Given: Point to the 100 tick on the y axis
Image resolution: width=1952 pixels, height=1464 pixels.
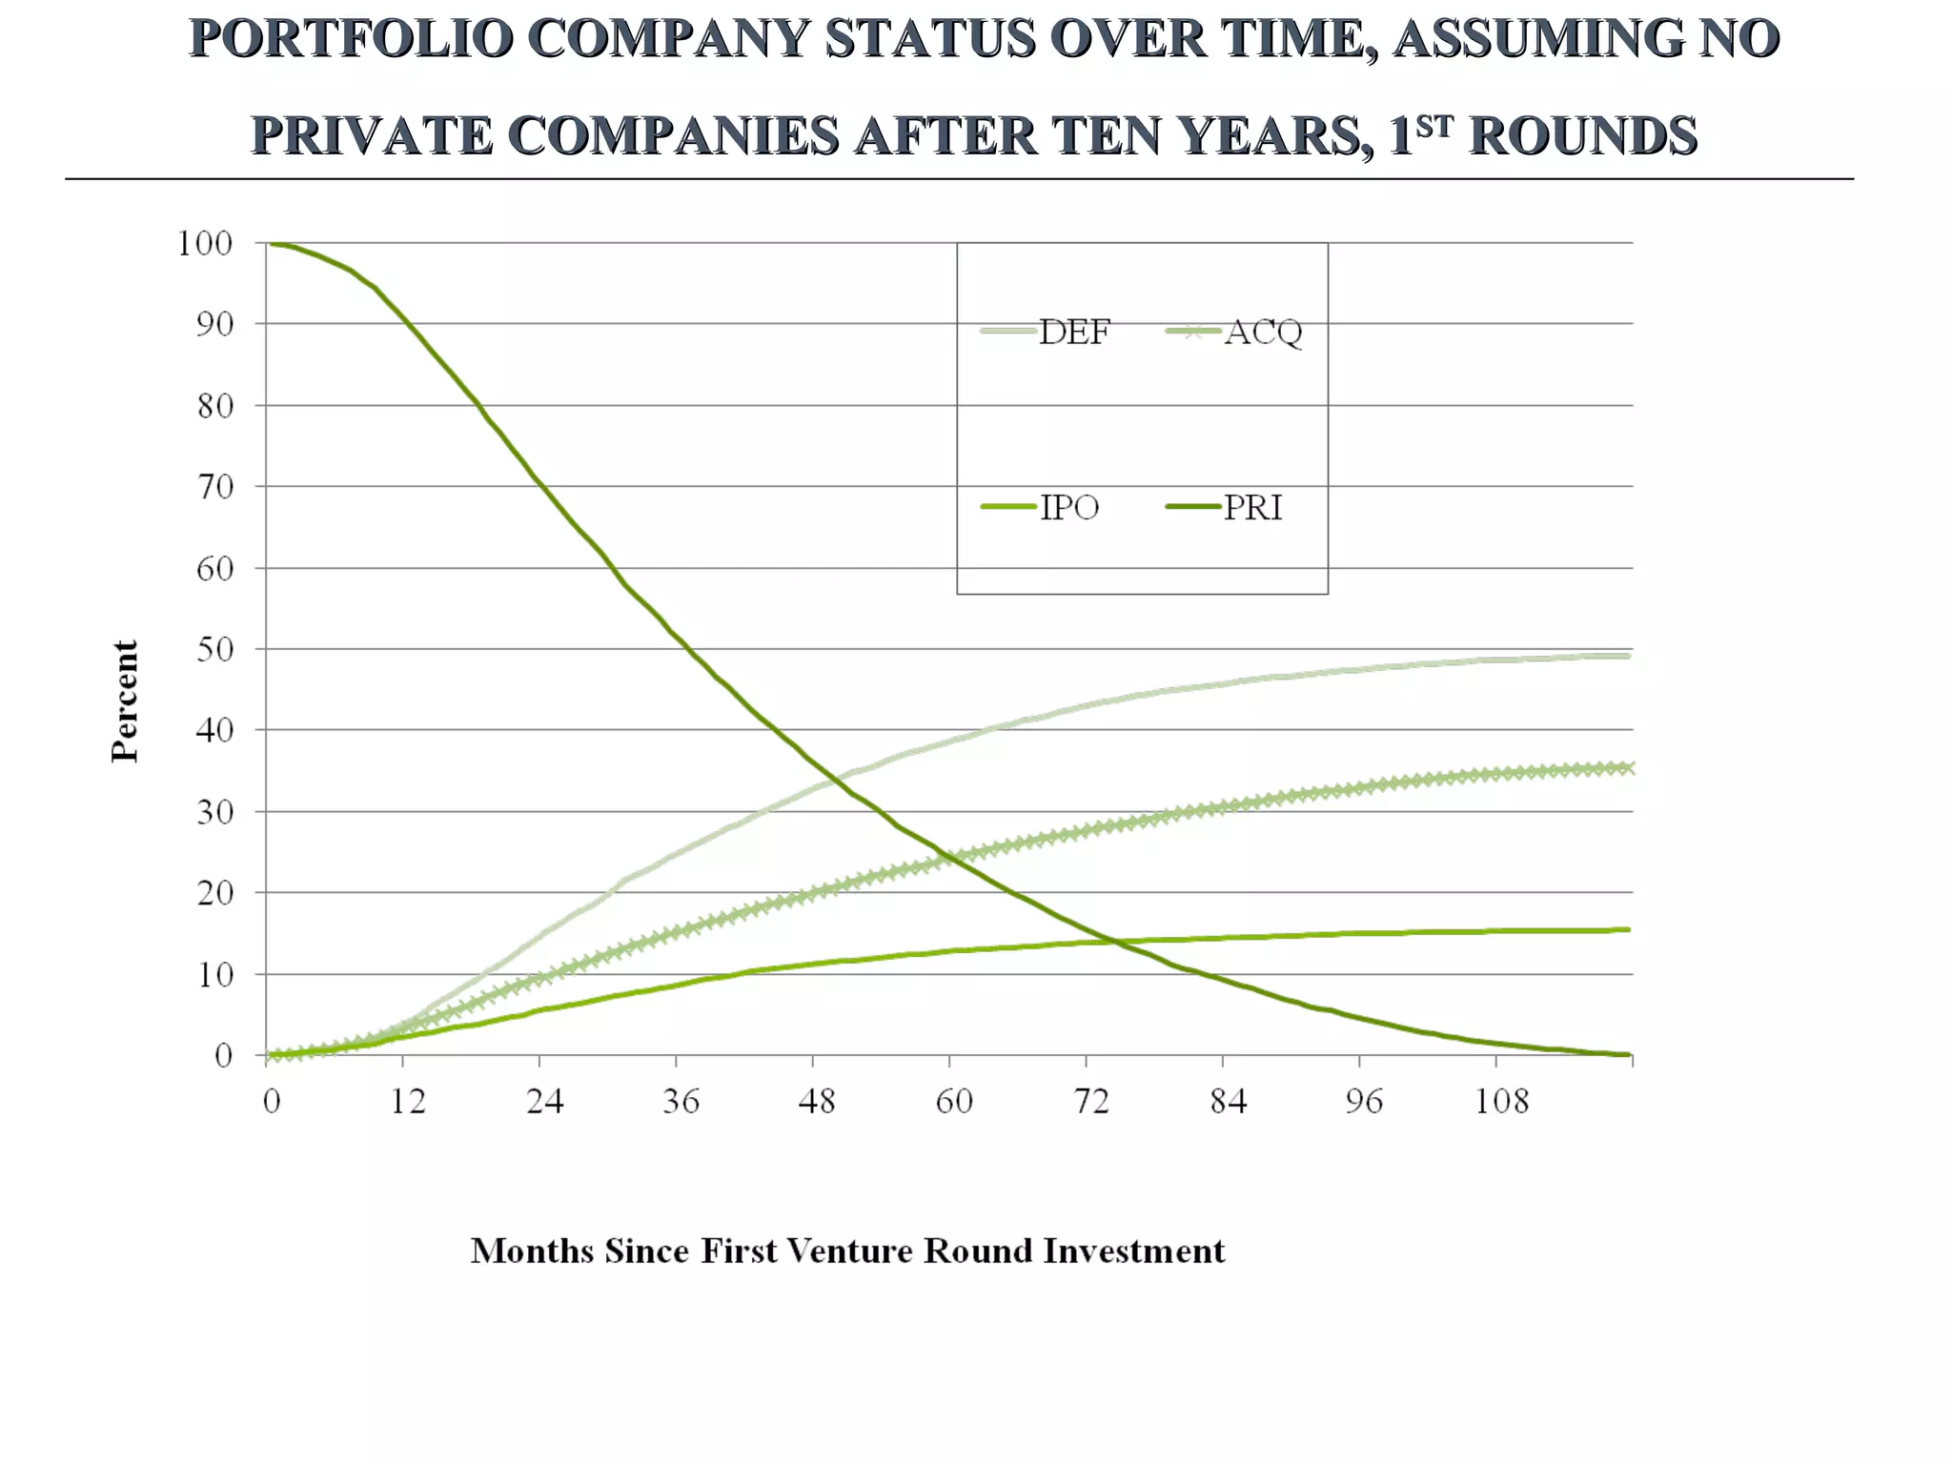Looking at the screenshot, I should tap(205, 244).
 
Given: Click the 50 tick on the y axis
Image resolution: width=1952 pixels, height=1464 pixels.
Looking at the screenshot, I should tap(213, 650).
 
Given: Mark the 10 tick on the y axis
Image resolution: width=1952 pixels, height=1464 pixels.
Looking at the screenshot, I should tap(213, 975).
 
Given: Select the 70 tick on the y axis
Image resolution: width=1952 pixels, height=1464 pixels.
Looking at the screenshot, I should tap(213, 487).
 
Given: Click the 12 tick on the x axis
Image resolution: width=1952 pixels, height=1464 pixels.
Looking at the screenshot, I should tap(408, 1102).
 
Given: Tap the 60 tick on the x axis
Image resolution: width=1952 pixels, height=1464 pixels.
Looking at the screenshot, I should tap(953, 1102).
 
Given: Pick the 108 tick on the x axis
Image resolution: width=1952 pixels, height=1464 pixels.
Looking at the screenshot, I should tap(1501, 1102).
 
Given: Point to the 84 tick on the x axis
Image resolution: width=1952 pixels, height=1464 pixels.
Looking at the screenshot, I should tap(1228, 1102).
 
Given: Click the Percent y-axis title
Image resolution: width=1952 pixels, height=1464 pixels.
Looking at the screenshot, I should tap(125, 701).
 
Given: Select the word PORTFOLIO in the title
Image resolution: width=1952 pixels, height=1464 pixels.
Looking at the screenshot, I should tap(352, 39).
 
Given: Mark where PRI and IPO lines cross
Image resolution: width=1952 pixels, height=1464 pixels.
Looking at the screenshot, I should tap(1110, 942).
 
